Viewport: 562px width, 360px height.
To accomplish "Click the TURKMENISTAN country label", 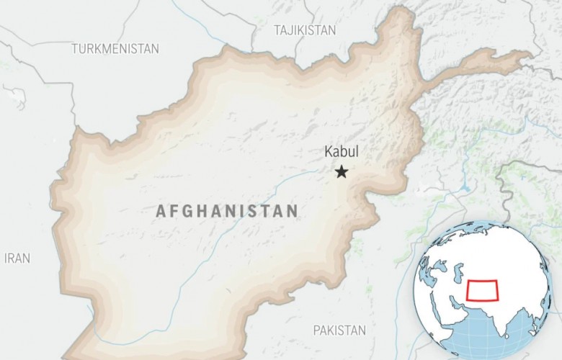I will pyautogui.click(x=115, y=49).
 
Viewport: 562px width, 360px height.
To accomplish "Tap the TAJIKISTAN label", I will pyautogui.click(x=305, y=30).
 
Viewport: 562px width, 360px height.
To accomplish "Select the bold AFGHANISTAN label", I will pyautogui.click(x=227, y=211).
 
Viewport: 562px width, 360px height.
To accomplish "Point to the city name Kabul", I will pyautogui.click(x=341, y=152).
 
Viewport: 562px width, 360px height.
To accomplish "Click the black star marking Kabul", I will pyautogui.click(x=342, y=171).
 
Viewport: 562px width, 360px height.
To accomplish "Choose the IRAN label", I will pyautogui.click(x=17, y=258).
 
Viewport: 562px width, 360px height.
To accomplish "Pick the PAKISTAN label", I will pyautogui.click(x=339, y=330).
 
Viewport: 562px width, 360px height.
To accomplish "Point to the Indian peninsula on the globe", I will pyautogui.click(x=490, y=317).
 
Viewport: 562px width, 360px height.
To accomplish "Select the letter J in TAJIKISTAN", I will pyautogui.click(x=290, y=30).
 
